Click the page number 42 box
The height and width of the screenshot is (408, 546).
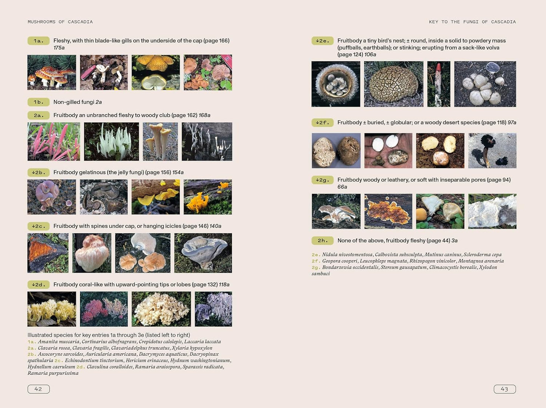tap(39, 389)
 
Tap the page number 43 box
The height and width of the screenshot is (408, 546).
tap(504, 389)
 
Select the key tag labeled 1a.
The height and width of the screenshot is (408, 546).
tap(39, 41)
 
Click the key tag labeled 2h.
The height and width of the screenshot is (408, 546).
tap(322, 241)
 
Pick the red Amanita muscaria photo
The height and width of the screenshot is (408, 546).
tap(52, 73)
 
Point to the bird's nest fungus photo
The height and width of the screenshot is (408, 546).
tap(336, 84)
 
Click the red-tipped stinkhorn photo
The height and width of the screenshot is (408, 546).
tap(439, 84)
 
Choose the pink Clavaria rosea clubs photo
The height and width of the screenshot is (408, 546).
tap(54, 142)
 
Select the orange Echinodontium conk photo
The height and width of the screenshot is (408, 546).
tap(48, 253)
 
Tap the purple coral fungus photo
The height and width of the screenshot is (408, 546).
tap(213, 309)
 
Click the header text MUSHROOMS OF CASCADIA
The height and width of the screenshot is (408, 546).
tap(60, 22)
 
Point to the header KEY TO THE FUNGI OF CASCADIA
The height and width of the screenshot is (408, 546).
tap(472, 22)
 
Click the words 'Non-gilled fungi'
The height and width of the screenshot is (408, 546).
tap(74, 102)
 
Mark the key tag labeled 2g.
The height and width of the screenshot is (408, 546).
tap(322, 180)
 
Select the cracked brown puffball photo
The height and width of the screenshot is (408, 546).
tap(394, 84)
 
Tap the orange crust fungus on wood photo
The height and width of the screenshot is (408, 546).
tap(388, 212)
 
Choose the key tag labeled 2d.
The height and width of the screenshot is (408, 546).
tap(39, 285)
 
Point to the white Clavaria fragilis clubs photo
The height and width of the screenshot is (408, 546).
tap(111, 142)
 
